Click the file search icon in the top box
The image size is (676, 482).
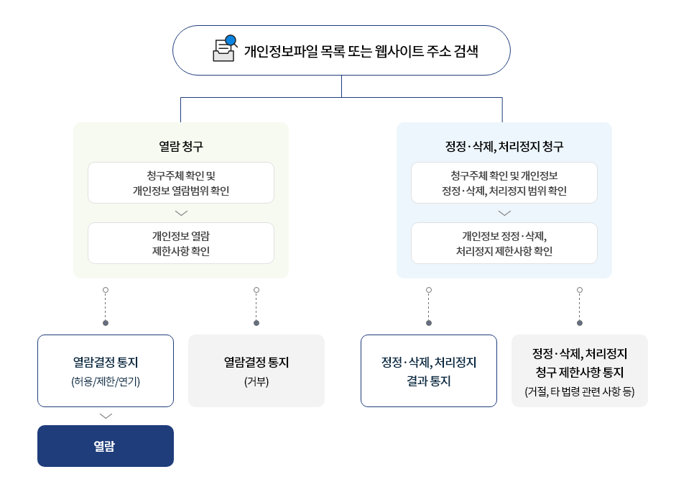225,50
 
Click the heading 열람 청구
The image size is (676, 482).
181,146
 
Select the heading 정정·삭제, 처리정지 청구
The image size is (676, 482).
504,146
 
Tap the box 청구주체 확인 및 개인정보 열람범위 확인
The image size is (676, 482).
181,183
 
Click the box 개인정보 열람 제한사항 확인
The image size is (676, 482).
181,243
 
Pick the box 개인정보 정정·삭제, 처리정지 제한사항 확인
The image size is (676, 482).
504,243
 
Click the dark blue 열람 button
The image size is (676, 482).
106,446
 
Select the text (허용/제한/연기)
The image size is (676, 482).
106,381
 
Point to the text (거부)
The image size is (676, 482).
256,381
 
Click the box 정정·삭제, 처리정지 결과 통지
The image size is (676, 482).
429,371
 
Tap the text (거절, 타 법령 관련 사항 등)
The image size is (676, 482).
580,391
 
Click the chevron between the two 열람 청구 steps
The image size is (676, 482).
181,213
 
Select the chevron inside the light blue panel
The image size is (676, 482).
504,213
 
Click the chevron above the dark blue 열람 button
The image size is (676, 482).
106,416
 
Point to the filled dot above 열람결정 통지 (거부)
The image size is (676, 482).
256,323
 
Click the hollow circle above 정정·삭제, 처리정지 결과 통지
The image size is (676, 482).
429,290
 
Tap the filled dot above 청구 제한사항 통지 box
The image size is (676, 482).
580,323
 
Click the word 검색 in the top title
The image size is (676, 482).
467,51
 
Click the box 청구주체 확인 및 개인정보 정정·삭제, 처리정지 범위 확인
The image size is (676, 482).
504,183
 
